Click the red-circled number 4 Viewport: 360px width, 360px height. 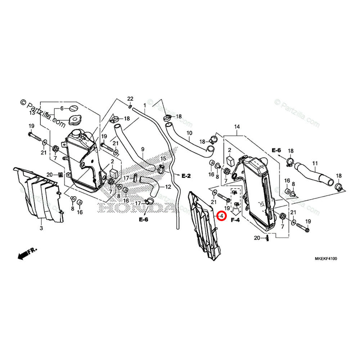tap(222, 216)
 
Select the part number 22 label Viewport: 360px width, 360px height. tap(130, 99)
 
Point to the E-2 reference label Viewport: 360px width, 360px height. tap(186, 176)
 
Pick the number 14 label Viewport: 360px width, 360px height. tap(237, 127)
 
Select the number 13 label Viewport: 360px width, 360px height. tap(32, 113)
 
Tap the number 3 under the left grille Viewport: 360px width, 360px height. tap(41, 228)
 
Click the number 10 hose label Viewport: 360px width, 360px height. tap(189, 133)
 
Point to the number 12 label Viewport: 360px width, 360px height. tap(168, 186)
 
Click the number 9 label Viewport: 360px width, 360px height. tap(132, 149)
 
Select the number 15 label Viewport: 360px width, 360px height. tap(163, 159)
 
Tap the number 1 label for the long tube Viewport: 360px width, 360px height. tap(144, 105)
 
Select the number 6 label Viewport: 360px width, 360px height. tap(62, 108)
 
